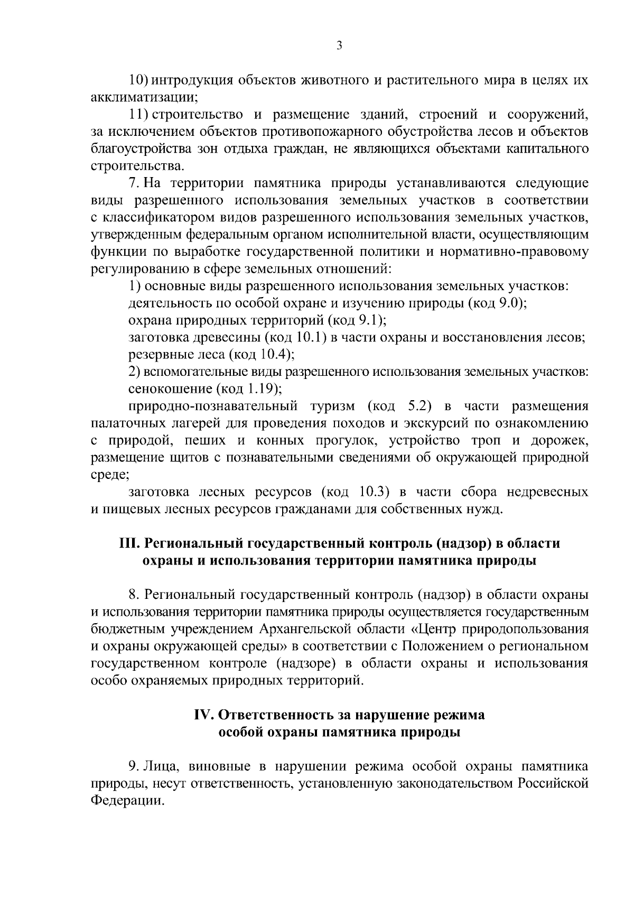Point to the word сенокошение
tap(169, 390)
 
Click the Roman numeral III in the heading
tap(128, 543)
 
